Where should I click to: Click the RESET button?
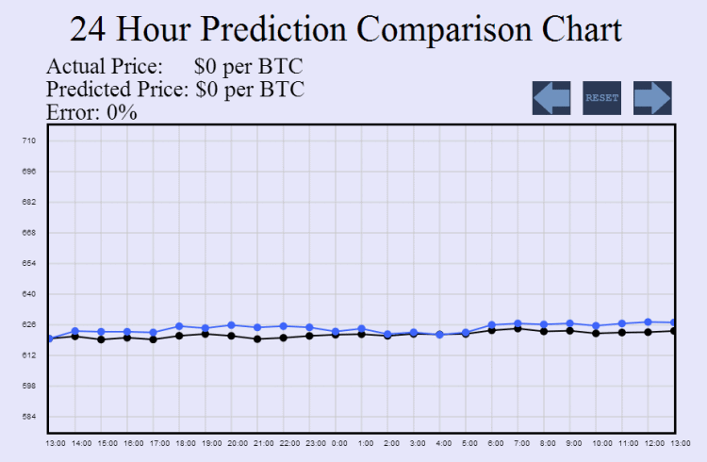601,98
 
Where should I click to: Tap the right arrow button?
651,98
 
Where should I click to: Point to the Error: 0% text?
91,113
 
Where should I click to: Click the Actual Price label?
105,68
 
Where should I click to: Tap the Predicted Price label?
118,90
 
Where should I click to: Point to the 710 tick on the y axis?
28,141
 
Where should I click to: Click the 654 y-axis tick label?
28,264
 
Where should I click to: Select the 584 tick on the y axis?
28,417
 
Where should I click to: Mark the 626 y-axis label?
28,325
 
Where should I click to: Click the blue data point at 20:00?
231,325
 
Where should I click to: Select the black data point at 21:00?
257,338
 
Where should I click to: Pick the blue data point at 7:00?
518,323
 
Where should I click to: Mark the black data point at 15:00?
101,338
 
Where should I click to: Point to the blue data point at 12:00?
648,322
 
